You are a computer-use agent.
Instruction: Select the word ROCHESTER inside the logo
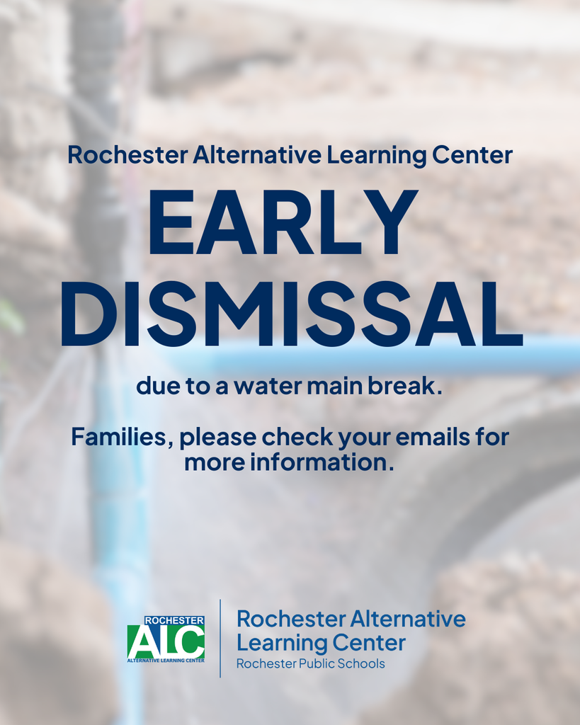point(174,621)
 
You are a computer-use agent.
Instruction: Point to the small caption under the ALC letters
point(166,660)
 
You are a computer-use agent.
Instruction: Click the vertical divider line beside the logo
point(220,638)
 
